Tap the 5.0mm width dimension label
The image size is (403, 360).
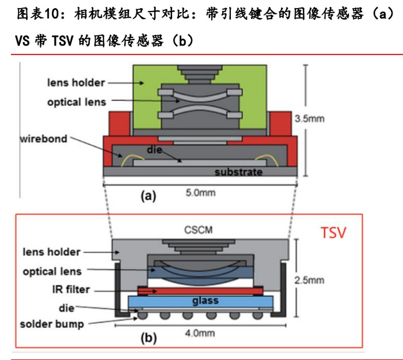click(x=200, y=192)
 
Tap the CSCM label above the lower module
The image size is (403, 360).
click(x=199, y=230)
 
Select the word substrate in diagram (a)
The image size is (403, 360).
click(x=238, y=172)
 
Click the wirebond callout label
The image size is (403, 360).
click(x=43, y=139)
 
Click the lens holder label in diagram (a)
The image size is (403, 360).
click(x=76, y=82)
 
